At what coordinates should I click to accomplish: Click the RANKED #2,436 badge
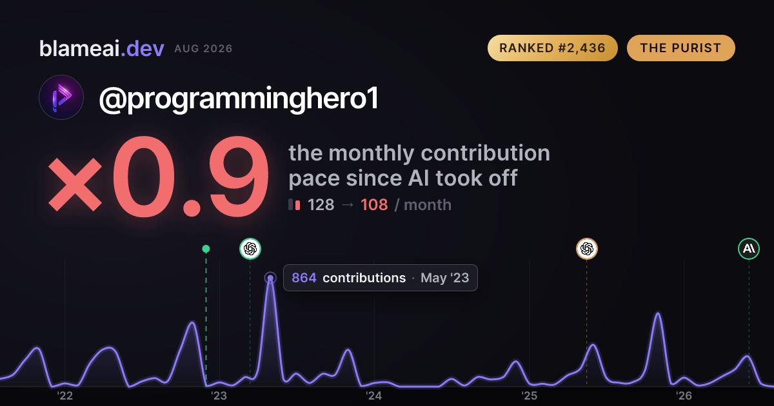[552, 48]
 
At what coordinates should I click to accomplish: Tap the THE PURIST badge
[680, 48]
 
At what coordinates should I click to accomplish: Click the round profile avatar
[61, 97]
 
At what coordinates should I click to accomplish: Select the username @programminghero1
[239, 99]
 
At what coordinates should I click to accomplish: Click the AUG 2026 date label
[203, 49]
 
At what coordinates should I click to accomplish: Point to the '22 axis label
[64, 396]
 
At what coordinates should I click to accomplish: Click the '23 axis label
[219, 396]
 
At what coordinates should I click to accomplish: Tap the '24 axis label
[374, 396]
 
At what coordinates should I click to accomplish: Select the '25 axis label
[529, 396]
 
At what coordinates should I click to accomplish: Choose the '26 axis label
[684, 396]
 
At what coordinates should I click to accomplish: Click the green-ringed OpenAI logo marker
[250, 249]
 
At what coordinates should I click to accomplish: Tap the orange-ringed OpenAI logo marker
[587, 249]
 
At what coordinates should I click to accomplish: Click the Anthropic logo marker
[749, 249]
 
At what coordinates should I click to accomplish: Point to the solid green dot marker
[206, 249]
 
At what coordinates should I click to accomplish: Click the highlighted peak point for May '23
[270, 278]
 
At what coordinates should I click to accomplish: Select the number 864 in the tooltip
[304, 278]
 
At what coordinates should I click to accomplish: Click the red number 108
[374, 205]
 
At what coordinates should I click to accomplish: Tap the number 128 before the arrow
[321, 205]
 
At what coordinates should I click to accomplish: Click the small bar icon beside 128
[294, 204]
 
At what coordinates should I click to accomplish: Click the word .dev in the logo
[143, 48]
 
